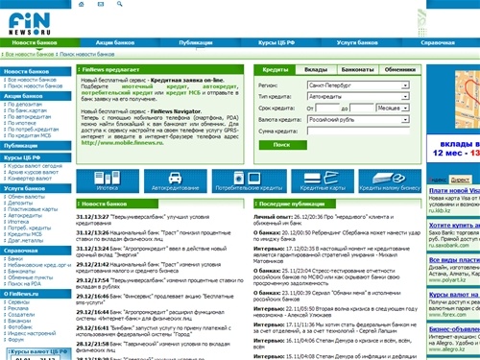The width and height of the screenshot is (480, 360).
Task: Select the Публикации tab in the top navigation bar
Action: [196, 44]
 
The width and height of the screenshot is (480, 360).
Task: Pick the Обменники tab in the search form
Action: [395, 71]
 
